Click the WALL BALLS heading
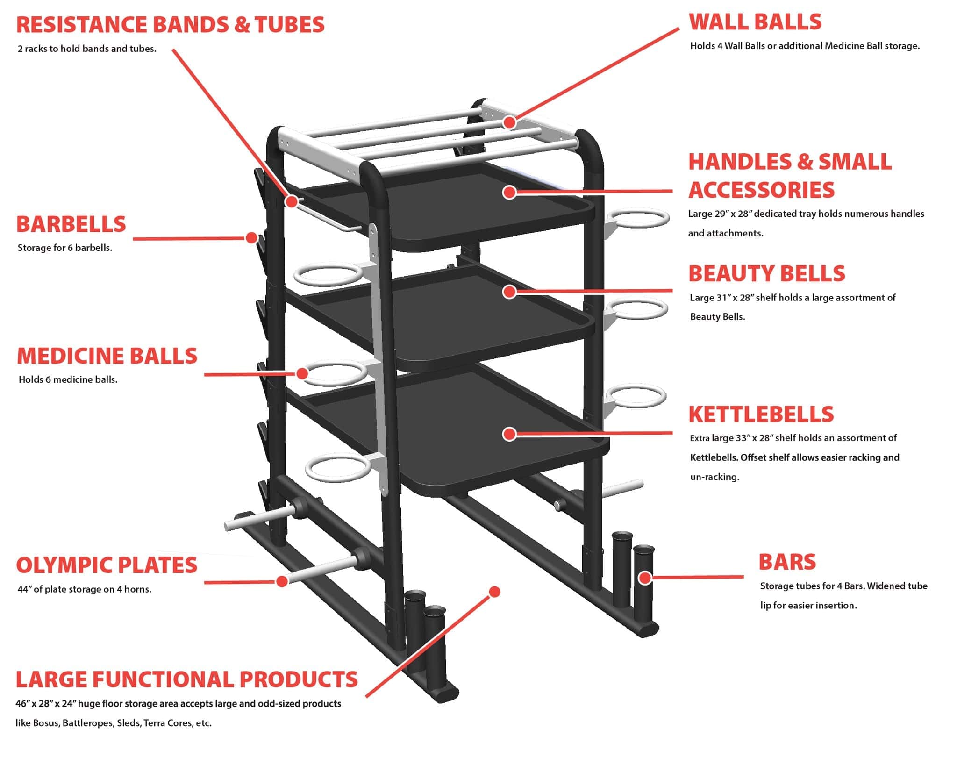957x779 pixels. pos(755,22)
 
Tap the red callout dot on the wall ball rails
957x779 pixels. pos(509,122)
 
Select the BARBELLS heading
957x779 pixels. pos(71,224)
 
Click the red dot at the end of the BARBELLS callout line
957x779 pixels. pos(251,238)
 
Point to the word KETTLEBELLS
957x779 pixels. pos(761,414)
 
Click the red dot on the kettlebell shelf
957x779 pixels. pos(509,434)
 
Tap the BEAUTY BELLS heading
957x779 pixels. pos(766,274)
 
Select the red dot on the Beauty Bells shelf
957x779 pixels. pos(509,292)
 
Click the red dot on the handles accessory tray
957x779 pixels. pos(509,192)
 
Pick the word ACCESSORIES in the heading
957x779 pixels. pos(761,190)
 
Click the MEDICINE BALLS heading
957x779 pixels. pos(107,356)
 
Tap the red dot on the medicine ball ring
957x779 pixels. pos(302,373)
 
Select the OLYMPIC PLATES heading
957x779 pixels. pos(107,565)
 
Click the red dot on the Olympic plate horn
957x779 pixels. pos(281,581)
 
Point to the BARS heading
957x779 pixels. pos(787,562)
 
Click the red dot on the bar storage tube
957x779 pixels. pos(645,578)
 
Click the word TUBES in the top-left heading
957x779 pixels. pos(289,25)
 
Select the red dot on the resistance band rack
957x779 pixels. pos(292,201)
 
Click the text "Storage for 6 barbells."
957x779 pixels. pos(65,248)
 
